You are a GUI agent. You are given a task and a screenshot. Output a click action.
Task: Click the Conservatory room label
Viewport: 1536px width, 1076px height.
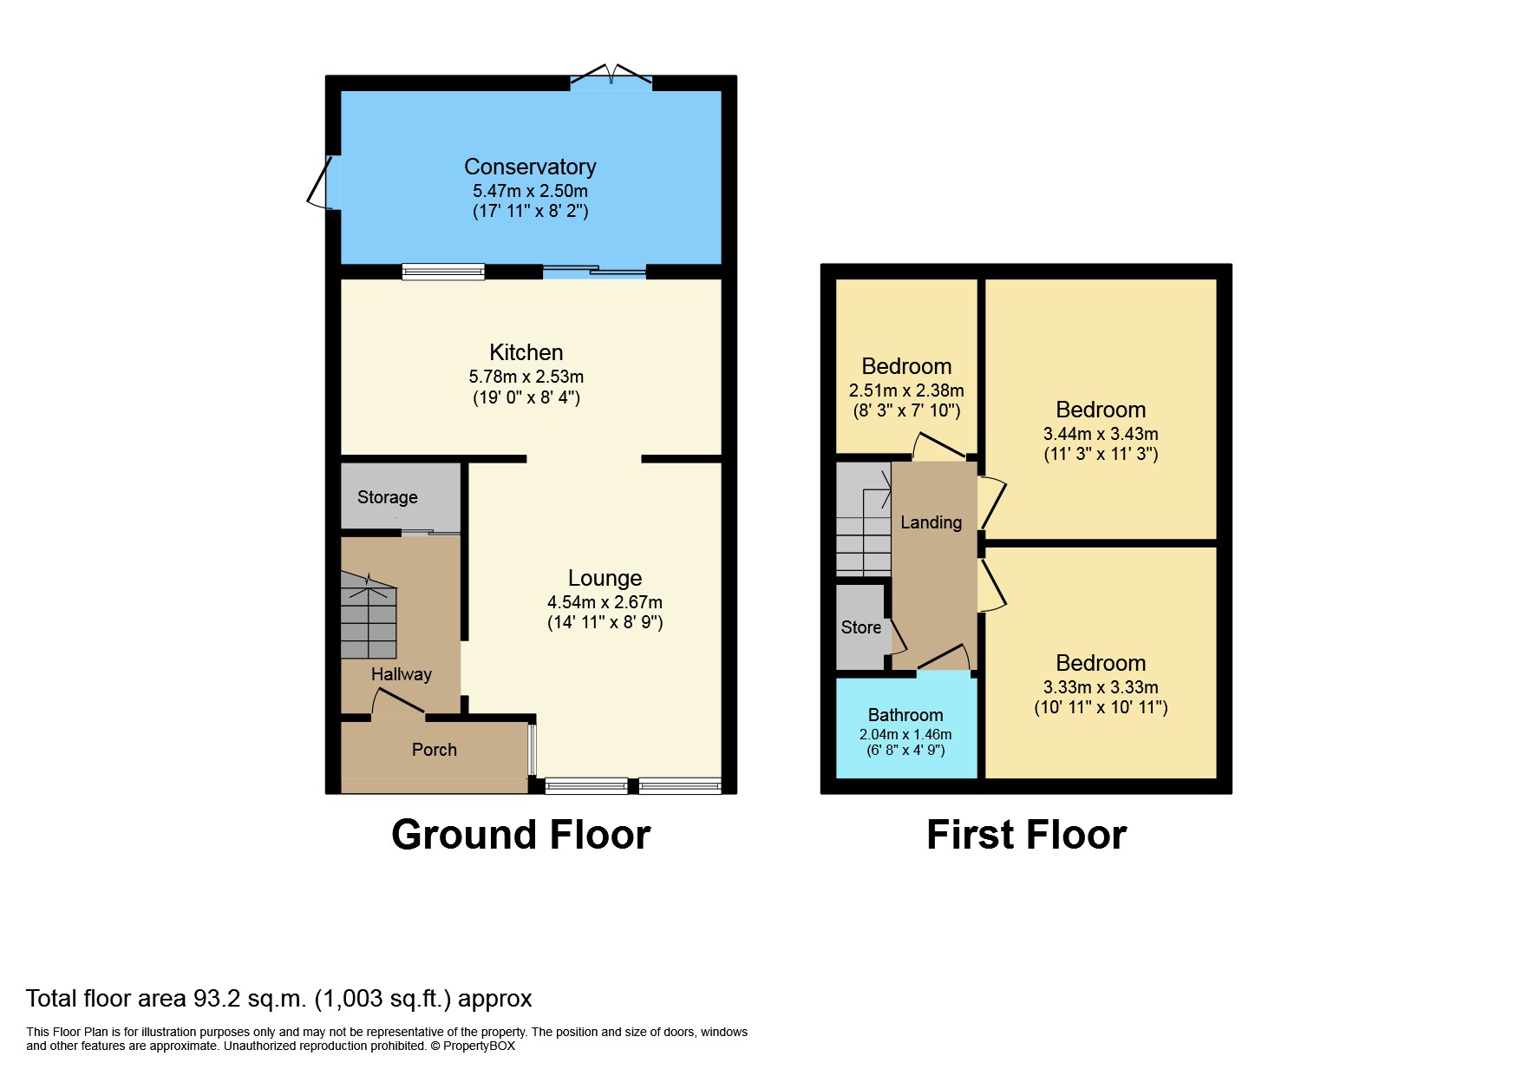[530, 167]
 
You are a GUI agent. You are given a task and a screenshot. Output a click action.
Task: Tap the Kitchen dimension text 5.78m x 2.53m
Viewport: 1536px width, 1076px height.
[526, 377]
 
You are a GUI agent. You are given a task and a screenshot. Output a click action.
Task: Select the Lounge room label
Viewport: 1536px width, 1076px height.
[605, 578]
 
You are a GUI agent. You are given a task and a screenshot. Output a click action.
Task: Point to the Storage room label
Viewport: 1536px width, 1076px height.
[388, 497]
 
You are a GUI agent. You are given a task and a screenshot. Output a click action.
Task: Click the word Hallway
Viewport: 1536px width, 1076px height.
[402, 674]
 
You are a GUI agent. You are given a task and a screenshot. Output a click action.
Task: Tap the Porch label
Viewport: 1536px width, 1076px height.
[435, 750]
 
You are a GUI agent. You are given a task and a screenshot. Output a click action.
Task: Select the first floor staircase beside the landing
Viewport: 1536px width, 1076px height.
[864, 519]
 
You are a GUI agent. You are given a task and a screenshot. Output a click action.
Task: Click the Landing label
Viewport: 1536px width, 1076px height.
[931, 522]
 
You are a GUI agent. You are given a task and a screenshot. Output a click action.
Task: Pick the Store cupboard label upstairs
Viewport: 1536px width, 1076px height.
[861, 627]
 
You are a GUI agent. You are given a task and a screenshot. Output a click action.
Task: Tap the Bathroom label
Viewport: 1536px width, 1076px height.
[905, 715]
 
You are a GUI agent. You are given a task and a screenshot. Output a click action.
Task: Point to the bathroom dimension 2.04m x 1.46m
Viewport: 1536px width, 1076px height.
[905, 734]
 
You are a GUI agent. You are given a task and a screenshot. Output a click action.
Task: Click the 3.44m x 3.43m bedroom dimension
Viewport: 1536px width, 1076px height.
[1101, 434]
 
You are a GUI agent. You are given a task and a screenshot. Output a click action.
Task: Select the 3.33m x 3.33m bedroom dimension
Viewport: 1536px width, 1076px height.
[1101, 687]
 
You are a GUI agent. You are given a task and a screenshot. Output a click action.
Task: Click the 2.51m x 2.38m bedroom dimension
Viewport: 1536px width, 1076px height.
[906, 390]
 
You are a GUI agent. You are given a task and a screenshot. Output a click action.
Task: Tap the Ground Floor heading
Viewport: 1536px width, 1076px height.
[521, 835]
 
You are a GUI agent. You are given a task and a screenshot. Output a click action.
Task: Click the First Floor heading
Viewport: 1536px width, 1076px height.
[1027, 835]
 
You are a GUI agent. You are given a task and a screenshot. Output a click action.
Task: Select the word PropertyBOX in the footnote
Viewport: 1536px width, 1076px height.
[479, 1046]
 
